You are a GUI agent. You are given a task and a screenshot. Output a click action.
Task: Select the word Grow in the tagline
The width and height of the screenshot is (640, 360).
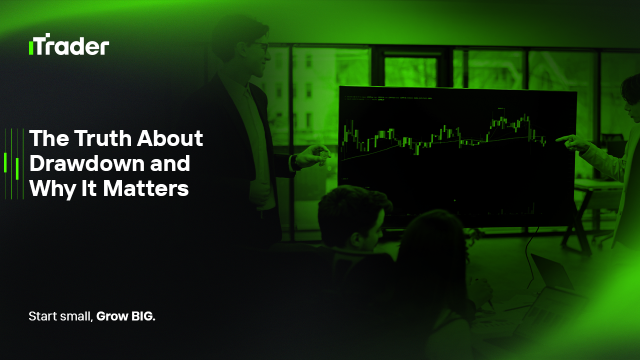tap(109, 316)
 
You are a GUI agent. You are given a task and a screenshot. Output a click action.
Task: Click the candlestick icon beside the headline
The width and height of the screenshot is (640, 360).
tap(14, 164)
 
